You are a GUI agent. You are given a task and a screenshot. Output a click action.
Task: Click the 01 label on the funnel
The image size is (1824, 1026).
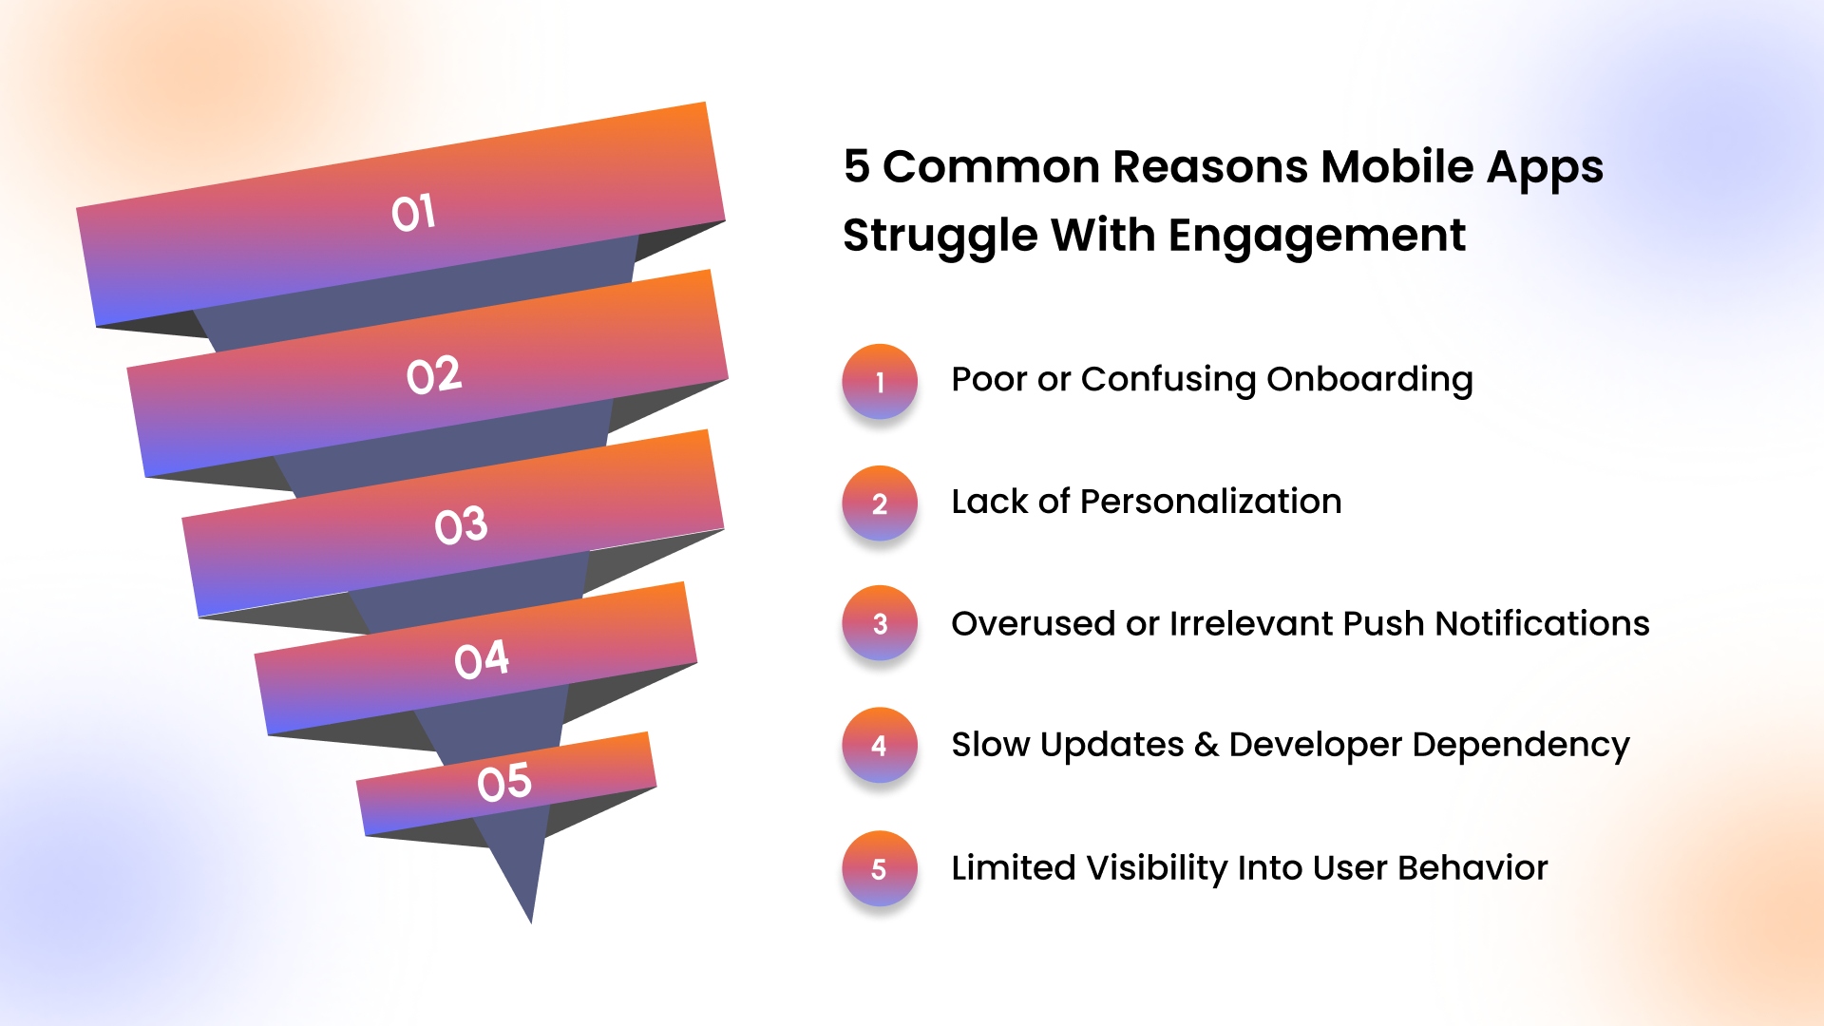point(413,213)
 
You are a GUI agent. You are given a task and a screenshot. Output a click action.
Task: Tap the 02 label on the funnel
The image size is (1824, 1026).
point(434,375)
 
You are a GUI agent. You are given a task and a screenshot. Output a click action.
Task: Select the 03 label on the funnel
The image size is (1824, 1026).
point(461,525)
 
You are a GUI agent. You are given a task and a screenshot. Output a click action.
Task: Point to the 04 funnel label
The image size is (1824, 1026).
point(482,659)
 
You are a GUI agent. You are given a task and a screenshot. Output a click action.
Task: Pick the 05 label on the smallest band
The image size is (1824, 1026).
point(504,783)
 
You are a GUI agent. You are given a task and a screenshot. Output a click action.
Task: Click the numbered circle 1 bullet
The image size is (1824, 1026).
point(880,381)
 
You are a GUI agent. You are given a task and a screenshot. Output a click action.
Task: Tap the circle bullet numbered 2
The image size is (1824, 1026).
point(880,503)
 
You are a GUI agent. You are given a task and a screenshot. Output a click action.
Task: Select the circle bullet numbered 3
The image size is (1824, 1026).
point(880,623)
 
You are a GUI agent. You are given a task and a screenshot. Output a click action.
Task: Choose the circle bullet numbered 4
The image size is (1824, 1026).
point(880,745)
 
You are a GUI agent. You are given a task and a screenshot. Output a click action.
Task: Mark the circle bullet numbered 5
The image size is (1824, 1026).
point(880,868)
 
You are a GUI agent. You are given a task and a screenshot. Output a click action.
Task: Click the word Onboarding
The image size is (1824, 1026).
point(1370,380)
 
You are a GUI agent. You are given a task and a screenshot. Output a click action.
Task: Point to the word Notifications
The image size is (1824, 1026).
point(1543,623)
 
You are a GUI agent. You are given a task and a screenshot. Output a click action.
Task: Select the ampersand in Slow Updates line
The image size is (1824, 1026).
point(1206,745)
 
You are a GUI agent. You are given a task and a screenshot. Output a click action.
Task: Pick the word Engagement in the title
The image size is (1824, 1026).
point(1317,236)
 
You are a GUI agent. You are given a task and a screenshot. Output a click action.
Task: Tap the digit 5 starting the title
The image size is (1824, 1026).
point(857,166)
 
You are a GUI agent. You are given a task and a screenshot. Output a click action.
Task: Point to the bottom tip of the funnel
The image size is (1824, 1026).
point(531,922)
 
